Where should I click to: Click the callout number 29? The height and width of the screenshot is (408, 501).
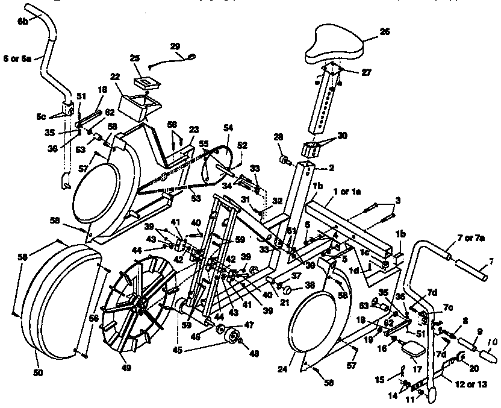coord(175,46)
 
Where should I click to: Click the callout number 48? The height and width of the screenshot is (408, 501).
coord(246,355)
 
